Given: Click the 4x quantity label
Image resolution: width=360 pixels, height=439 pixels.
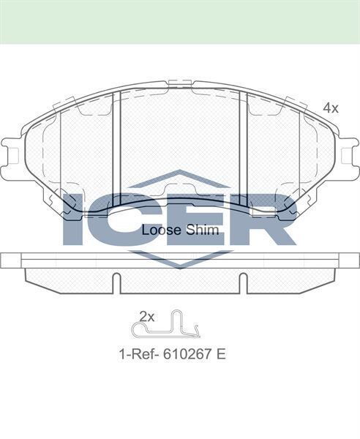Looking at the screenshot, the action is [x=331, y=108].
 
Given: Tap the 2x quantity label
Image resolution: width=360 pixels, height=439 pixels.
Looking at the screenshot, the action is [x=146, y=317].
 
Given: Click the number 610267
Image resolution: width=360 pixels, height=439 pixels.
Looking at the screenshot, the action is [x=187, y=354].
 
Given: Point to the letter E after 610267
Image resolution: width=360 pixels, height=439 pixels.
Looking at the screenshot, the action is [x=221, y=354].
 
